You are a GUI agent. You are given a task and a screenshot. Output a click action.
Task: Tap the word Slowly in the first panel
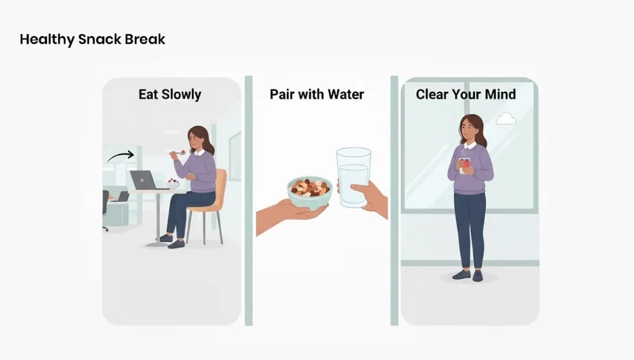coord(179,95)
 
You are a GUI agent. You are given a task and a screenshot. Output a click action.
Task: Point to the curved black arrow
coord(120,155)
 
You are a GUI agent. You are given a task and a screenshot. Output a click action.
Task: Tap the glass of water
coord(353,177)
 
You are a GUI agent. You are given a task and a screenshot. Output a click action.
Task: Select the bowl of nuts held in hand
coord(309,191)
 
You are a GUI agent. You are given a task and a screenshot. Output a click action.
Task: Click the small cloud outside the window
coord(505,119)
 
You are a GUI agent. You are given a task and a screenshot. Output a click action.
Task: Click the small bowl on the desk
coord(172,184)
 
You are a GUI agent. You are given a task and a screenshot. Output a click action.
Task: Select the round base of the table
coord(157,243)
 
